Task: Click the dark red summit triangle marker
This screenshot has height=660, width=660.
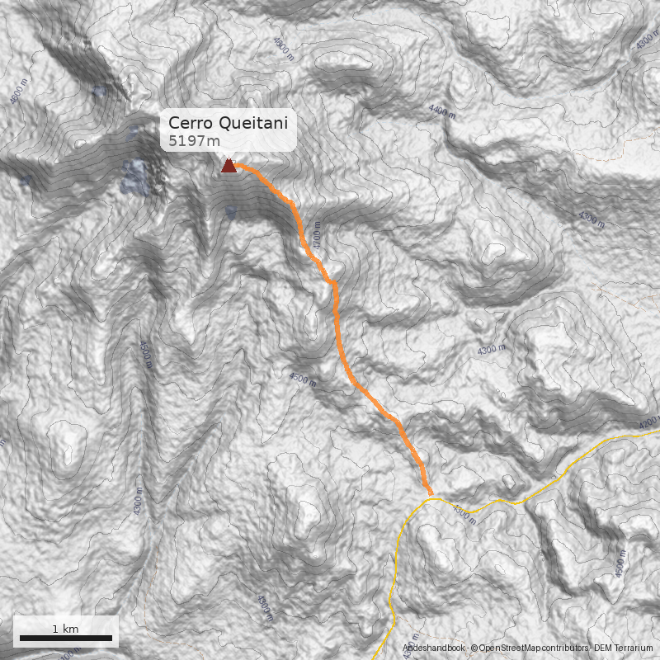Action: (229, 167)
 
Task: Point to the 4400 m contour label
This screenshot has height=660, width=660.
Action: (443, 111)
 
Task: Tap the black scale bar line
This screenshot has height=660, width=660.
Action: (65, 638)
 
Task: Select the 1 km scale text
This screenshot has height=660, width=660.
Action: (65, 629)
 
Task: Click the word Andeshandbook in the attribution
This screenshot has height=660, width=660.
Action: (434, 649)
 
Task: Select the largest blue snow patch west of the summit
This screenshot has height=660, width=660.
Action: (134, 175)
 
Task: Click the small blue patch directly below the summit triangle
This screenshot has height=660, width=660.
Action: (231, 213)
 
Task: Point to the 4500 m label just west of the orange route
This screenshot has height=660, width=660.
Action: (303, 379)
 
